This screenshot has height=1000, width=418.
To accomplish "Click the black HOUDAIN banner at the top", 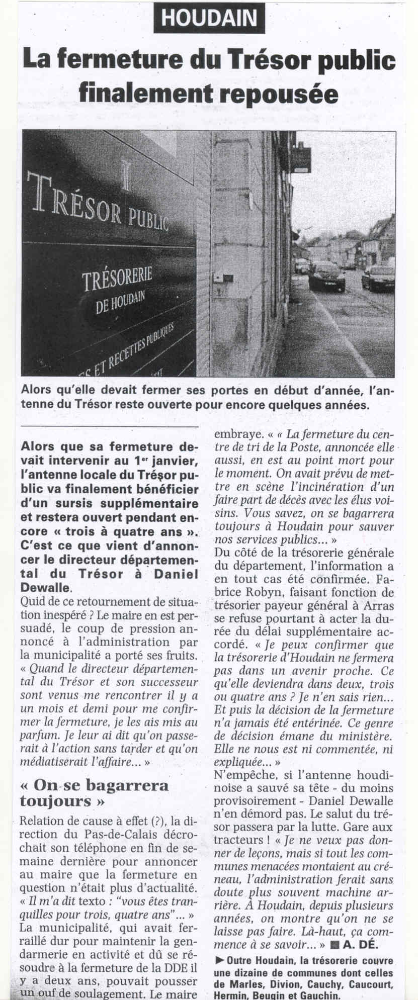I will point(209,19).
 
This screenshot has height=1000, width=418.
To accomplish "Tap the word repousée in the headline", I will point(281,93).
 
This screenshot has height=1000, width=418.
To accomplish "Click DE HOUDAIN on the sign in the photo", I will point(120,301).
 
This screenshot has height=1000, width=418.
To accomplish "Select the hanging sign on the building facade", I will point(303,158).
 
